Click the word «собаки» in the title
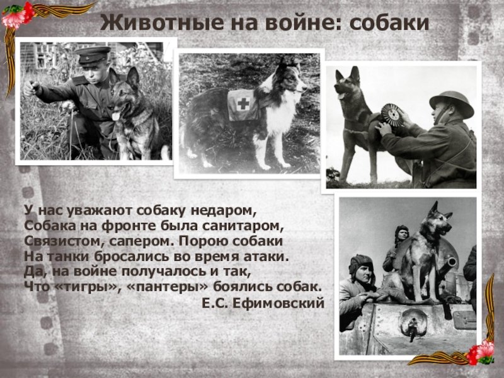(x=389, y=23)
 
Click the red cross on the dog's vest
(x=243, y=103)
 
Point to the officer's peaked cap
(x=92, y=55)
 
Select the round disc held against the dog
(x=392, y=115)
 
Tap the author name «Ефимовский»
(x=278, y=303)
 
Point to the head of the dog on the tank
(x=439, y=219)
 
